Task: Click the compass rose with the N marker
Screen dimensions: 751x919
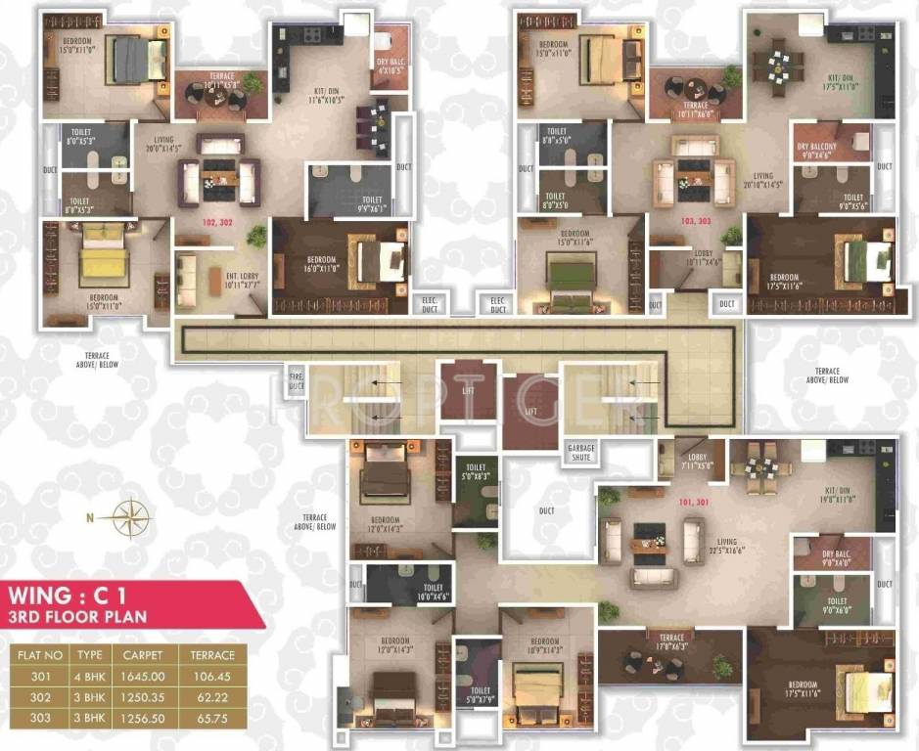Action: tap(128, 517)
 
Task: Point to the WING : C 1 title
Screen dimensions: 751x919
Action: tap(74, 595)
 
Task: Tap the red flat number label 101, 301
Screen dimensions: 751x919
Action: tap(693, 505)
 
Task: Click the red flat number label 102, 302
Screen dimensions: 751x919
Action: tap(217, 222)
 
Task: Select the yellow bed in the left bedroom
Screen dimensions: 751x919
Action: tap(98, 263)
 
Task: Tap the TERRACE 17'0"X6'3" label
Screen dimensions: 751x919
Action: tap(671, 641)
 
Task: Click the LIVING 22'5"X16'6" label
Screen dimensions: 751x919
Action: tap(726, 545)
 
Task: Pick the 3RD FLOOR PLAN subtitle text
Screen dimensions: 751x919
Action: tap(77, 618)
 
